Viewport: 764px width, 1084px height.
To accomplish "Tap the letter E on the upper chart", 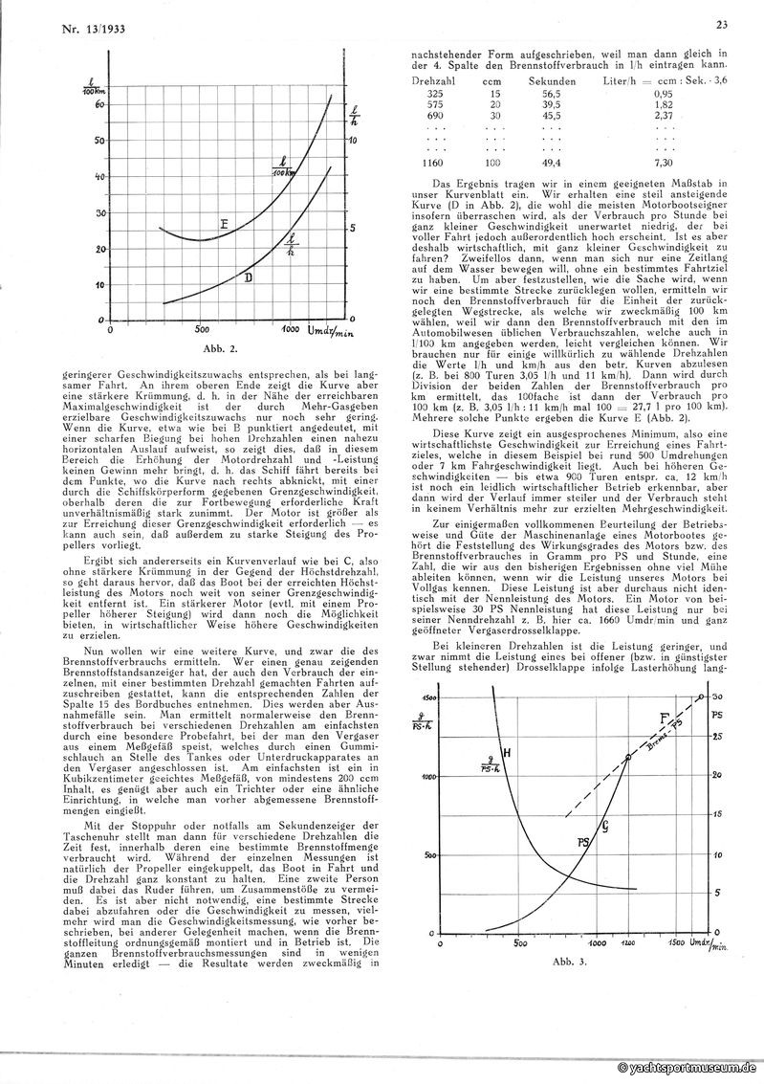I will [221, 226].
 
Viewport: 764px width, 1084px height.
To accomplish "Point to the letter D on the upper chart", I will [248, 278].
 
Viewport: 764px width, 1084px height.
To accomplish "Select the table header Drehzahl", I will [433, 83].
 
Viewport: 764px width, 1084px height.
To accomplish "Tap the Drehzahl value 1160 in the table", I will [434, 164].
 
